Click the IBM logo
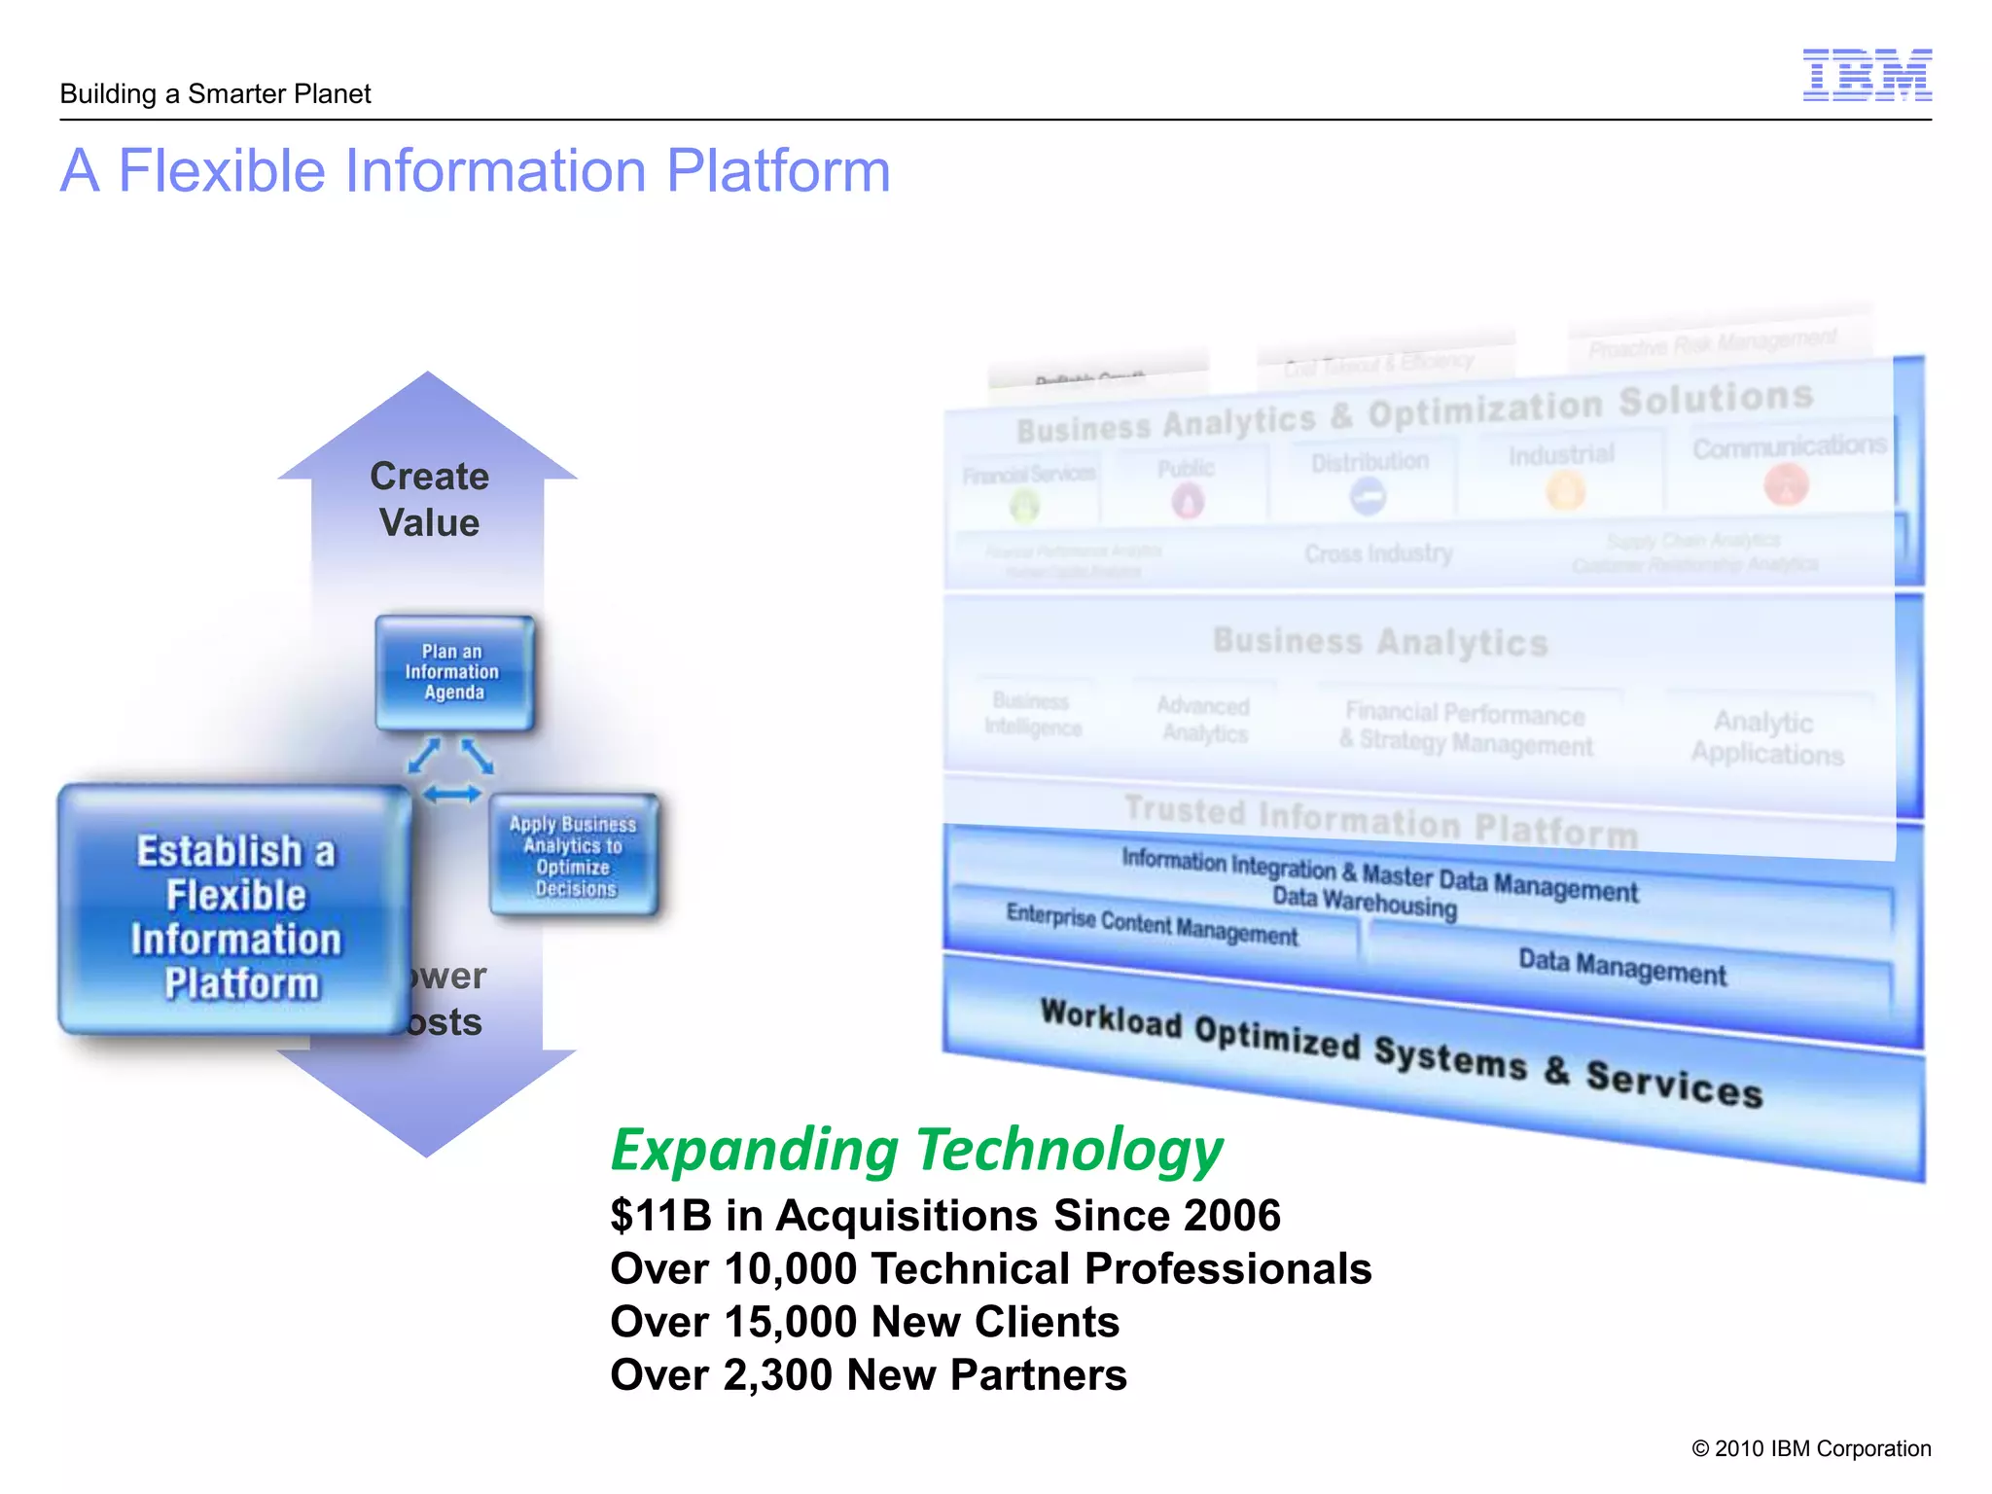point(1867,75)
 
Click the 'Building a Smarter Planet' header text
point(215,94)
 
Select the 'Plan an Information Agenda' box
point(453,672)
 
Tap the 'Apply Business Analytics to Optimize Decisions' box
point(574,856)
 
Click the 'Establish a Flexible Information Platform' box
point(235,916)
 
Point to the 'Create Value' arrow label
point(429,500)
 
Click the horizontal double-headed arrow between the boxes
point(452,795)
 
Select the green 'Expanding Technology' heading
point(915,1150)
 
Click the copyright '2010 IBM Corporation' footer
point(1811,1448)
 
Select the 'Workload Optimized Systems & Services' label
point(1401,1052)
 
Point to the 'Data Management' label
point(1622,968)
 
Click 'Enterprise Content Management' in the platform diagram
point(1152,925)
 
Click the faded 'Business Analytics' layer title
point(1380,642)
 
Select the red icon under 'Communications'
point(1786,484)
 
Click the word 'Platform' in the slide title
point(778,171)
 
